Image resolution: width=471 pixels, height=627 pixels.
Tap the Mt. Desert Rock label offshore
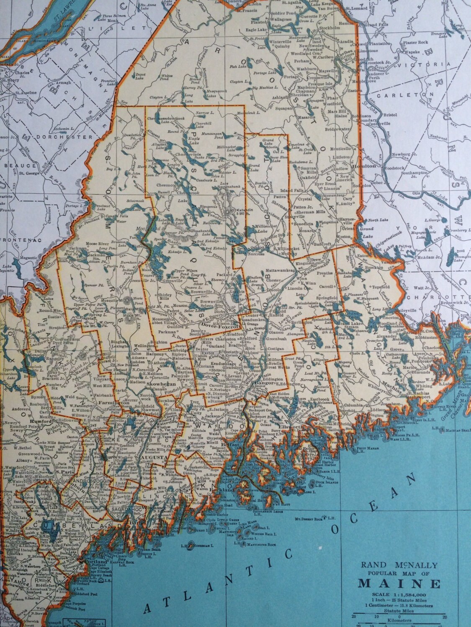coord(309,519)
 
